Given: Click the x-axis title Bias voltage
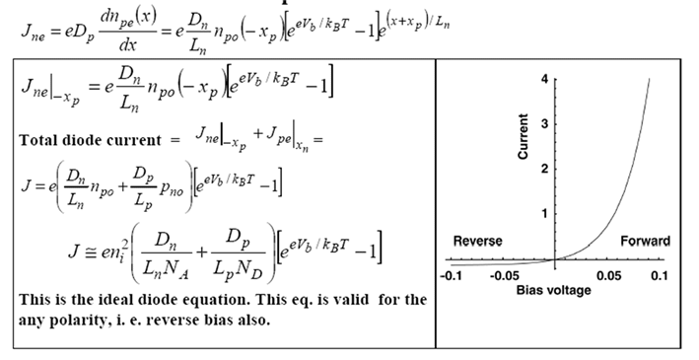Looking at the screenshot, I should point(555,291).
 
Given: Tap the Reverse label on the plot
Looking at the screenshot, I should point(477,241).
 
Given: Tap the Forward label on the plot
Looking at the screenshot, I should point(645,241).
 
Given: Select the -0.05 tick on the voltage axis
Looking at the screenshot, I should point(507,275).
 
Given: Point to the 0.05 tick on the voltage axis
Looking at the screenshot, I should point(609,275).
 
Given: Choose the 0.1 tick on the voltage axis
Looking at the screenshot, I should point(660,275).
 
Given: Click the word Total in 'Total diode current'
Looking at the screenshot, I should point(38,139).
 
